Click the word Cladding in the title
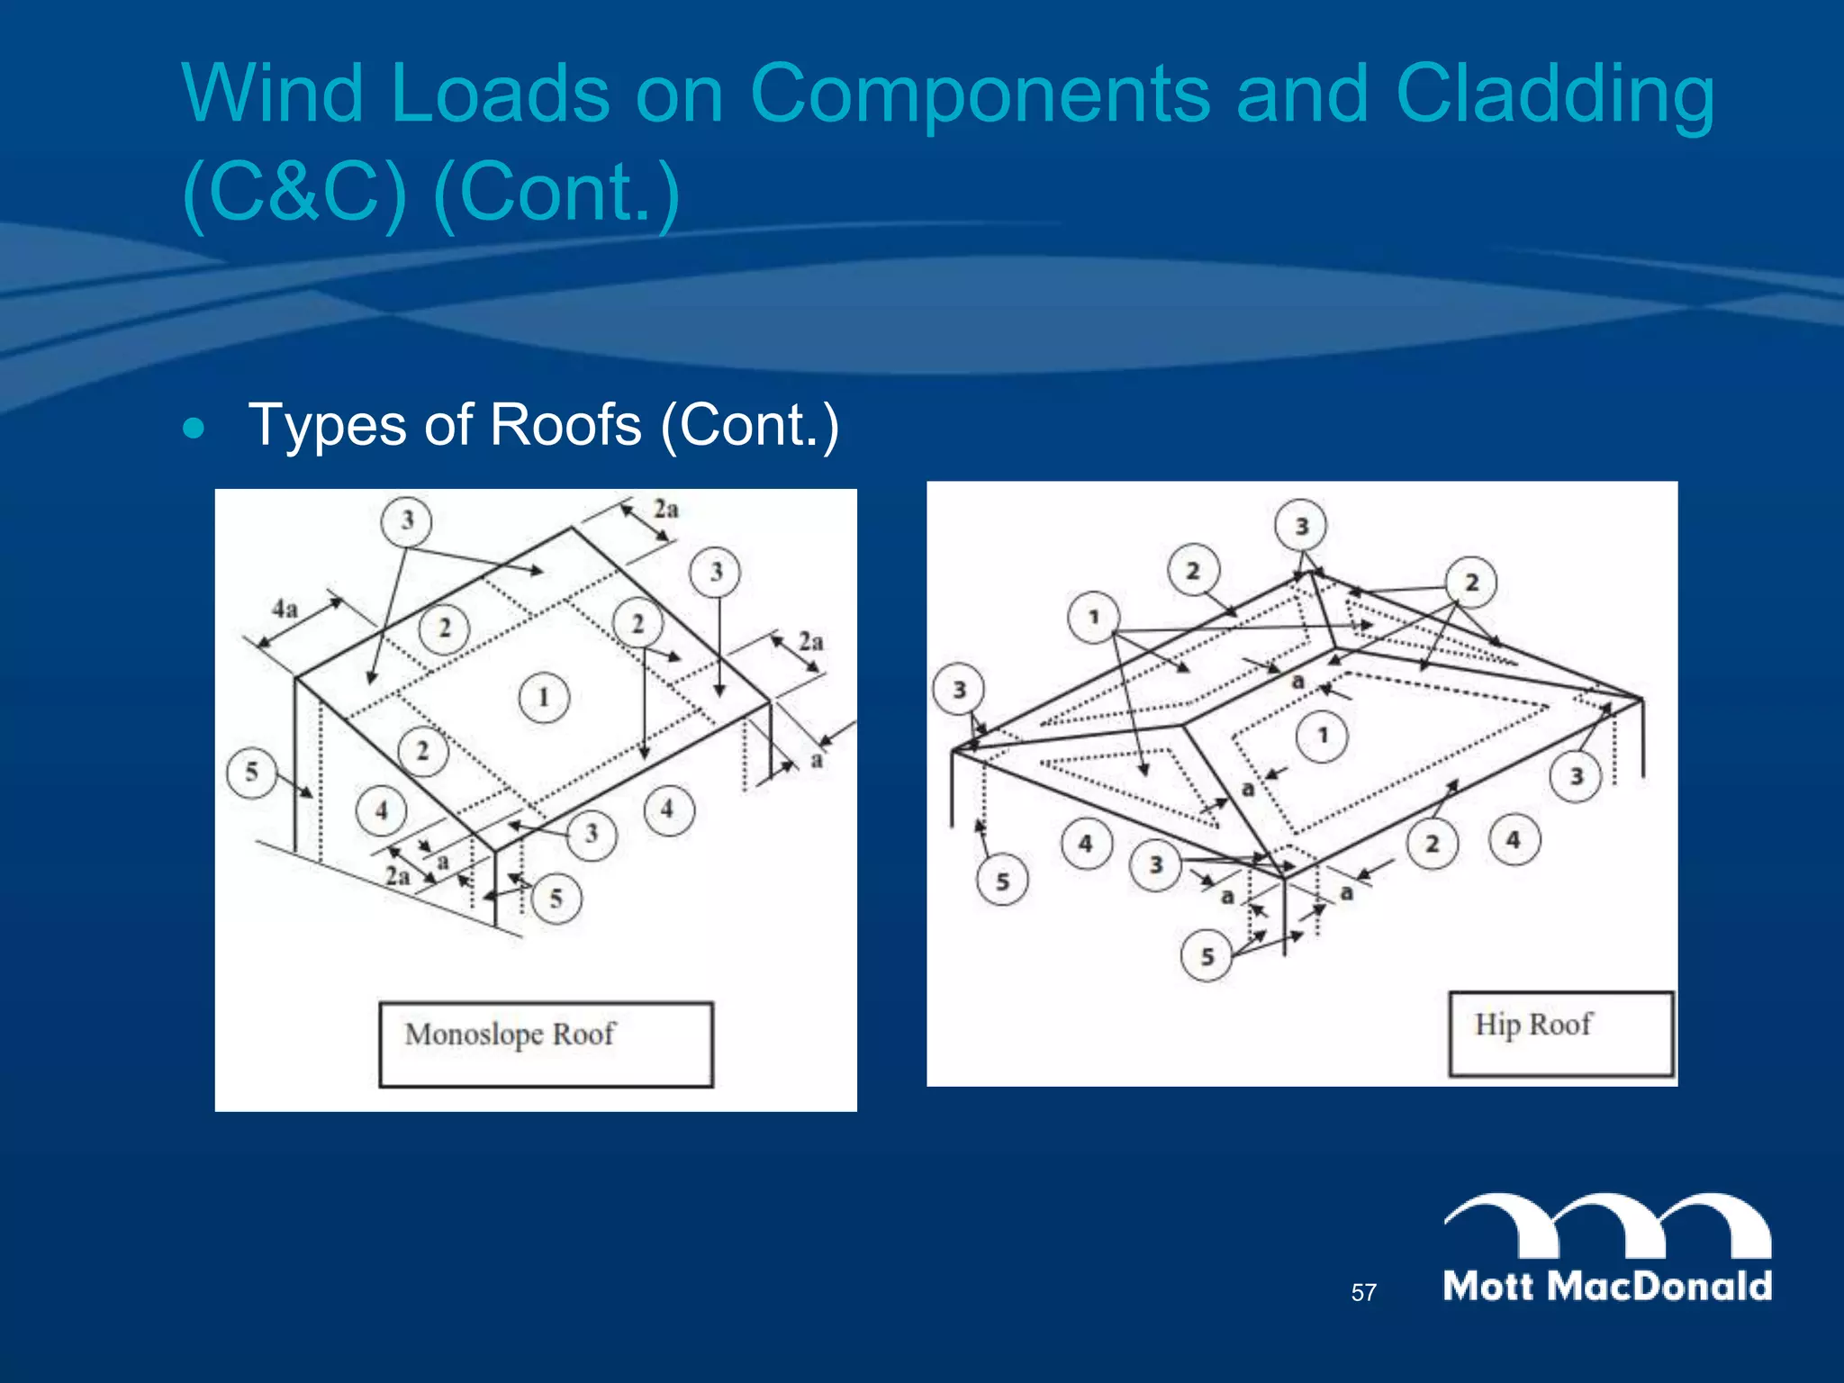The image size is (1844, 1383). pyautogui.click(x=1555, y=95)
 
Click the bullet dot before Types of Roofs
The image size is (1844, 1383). pyautogui.click(x=194, y=428)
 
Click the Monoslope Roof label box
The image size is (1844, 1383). pyautogui.click(x=546, y=1044)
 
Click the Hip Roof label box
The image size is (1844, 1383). pyautogui.click(x=1560, y=1033)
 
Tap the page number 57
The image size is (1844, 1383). pyautogui.click(x=1363, y=1293)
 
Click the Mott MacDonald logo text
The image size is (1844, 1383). pyautogui.click(x=1607, y=1286)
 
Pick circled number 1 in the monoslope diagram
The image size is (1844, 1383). pyautogui.click(x=544, y=697)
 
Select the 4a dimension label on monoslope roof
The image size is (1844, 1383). pyautogui.click(x=285, y=609)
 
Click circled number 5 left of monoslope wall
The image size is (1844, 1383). pyautogui.click(x=251, y=771)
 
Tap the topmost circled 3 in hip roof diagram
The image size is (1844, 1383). pyautogui.click(x=1301, y=526)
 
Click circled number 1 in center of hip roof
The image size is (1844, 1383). pyautogui.click(x=1322, y=736)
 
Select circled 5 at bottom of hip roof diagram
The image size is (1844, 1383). pyautogui.click(x=1207, y=956)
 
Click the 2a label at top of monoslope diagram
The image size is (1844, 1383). pyautogui.click(x=665, y=510)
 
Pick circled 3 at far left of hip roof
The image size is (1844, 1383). pyautogui.click(x=959, y=690)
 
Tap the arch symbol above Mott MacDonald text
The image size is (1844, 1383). pyautogui.click(x=1607, y=1225)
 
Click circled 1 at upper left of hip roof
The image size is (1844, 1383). pyautogui.click(x=1093, y=617)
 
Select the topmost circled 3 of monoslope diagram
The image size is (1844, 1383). pyautogui.click(x=407, y=520)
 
